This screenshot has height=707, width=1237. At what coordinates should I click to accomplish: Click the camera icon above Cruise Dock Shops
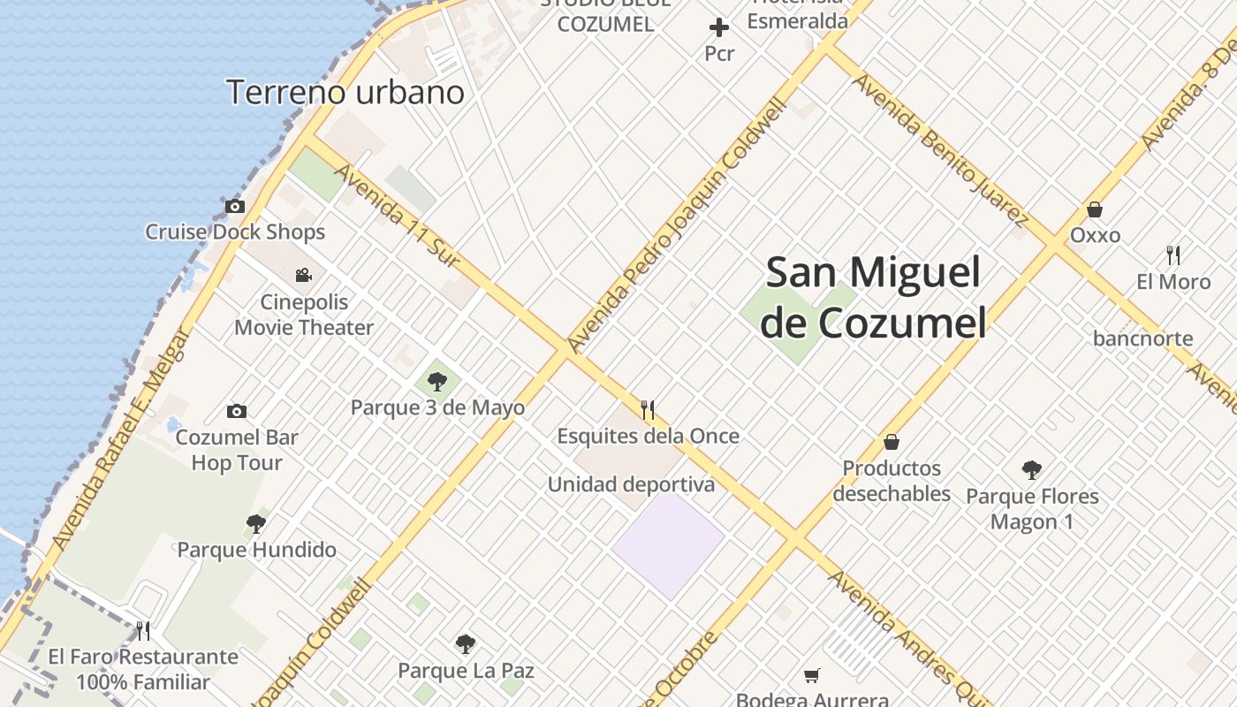click(235, 207)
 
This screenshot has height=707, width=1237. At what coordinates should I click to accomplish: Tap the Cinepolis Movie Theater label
click(304, 315)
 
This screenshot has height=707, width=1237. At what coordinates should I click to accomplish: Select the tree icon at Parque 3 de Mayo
click(436, 382)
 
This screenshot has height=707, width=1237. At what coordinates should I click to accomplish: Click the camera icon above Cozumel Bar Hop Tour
click(237, 411)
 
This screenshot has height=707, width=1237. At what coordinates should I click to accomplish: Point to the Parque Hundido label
click(257, 550)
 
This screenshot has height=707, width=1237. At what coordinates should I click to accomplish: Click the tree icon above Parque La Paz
click(466, 644)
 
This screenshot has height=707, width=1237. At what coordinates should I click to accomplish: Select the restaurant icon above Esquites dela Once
click(648, 409)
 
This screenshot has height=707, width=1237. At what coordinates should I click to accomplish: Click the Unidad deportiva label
click(631, 484)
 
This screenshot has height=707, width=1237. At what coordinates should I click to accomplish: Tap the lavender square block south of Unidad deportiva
click(669, 544)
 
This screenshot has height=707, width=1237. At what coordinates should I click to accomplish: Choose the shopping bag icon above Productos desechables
click(892, 441)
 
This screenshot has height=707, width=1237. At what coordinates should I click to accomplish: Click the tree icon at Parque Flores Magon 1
click(1031, 469)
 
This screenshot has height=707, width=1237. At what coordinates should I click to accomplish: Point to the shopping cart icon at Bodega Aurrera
click(812, 675)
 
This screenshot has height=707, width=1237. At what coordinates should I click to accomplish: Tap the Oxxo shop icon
click(1095, 209)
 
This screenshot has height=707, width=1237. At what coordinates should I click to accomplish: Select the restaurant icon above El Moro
click(1173, 255)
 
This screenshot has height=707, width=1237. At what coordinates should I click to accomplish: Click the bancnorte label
click(1142, 338)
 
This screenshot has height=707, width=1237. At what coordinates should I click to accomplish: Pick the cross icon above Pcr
click(719, 27)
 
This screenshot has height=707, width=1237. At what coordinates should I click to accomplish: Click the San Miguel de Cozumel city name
click(873, 297)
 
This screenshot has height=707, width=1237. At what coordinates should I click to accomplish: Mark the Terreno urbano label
click(345, 92)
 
